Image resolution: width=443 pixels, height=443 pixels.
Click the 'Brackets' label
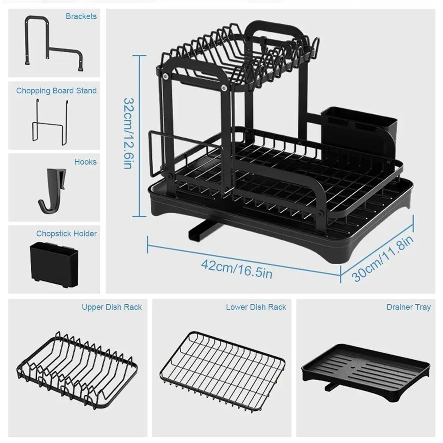[81, 16]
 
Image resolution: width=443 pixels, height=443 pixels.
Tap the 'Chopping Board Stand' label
[56, 91]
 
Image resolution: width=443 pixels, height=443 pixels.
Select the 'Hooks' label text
[85, 162]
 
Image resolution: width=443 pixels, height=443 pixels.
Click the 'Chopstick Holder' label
[66, 233]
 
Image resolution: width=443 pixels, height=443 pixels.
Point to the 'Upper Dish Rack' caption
[112, 307]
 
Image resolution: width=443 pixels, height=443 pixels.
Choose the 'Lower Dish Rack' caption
[256, 307]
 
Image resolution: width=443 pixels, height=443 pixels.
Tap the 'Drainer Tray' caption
[408, 307]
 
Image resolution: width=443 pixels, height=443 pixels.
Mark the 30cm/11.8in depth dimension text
[384, 258]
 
